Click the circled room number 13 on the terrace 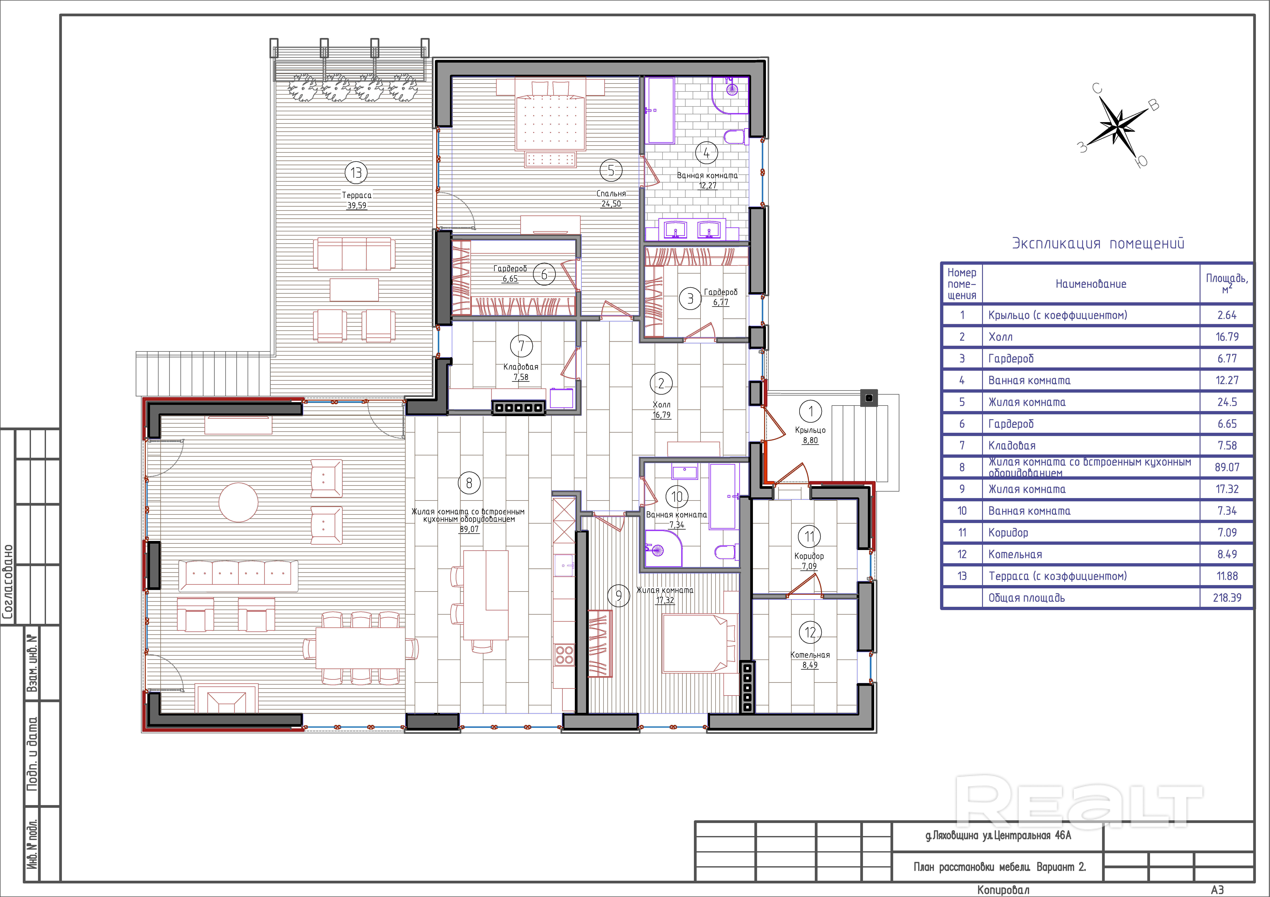[x=356, y=173]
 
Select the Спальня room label [x=611, y=194]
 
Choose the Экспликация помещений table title [x=1098, y=243]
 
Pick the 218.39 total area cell [x=1227, y=598]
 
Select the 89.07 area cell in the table [x=1227, y=467]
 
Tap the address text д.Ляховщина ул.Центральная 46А [x=998, y=836]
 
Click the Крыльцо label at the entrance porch [x=810, y=430]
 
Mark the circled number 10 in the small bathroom [x=678, y=497]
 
